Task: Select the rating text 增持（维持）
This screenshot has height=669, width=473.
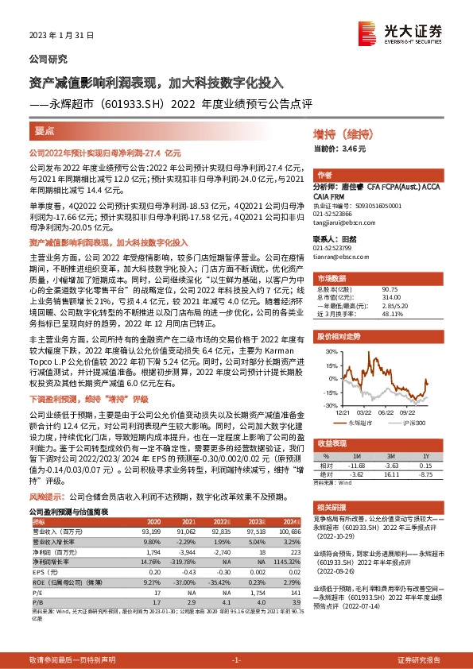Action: coord(338,136)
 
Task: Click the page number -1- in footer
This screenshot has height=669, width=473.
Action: coord(235,660)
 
